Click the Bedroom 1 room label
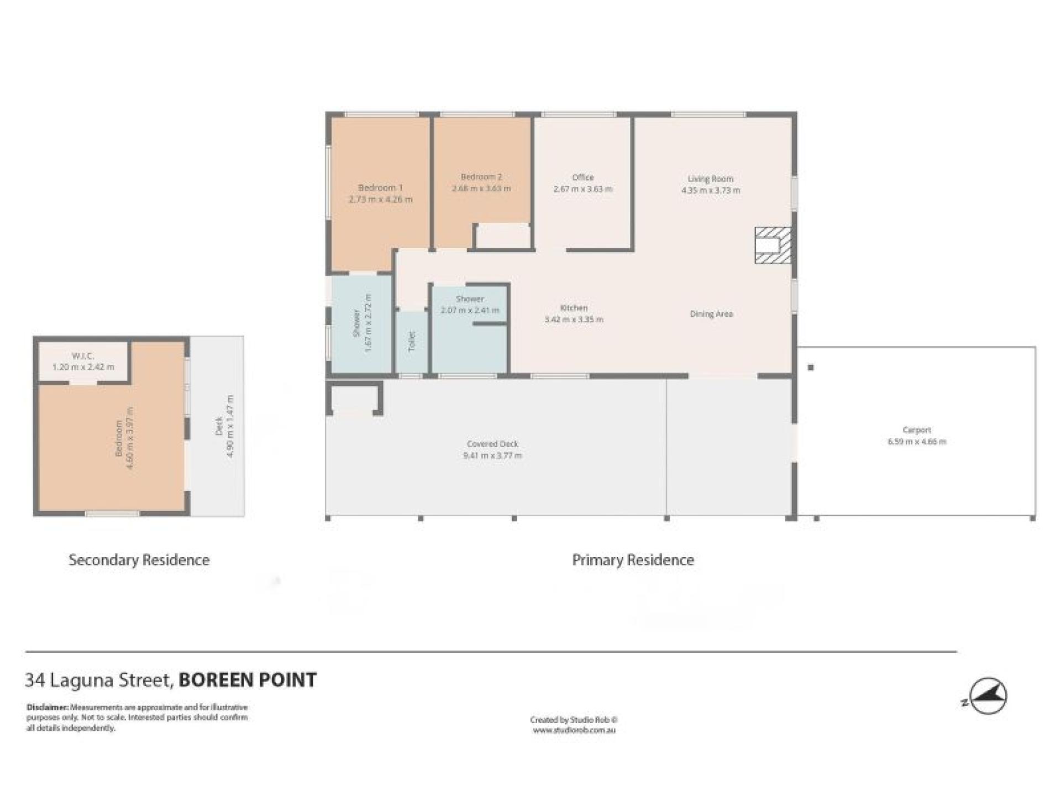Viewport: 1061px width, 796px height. coord(380,187)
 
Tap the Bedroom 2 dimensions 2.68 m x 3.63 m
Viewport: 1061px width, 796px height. coord(481,188)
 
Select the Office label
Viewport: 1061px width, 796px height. coord(582,177)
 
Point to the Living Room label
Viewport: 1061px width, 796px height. coord(710,179)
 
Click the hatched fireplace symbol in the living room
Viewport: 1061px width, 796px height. coord(773,245)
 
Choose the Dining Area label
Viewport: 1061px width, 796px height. coord(711,314)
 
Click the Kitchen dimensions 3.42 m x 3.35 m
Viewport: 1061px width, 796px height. coord(574,320)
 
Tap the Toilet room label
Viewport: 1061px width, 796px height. coord(411,341)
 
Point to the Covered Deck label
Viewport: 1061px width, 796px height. coord(492,444)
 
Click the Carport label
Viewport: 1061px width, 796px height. coord(917,430)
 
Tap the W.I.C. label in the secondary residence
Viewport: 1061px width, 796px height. coord(83,356)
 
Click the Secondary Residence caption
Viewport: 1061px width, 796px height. coord(139,560)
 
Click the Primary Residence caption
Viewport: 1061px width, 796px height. coord(633,560)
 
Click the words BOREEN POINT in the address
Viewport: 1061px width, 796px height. coord(248,680)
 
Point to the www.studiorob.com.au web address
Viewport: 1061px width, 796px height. coord(574,730)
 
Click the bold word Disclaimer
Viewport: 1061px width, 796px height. coord(47,707)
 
